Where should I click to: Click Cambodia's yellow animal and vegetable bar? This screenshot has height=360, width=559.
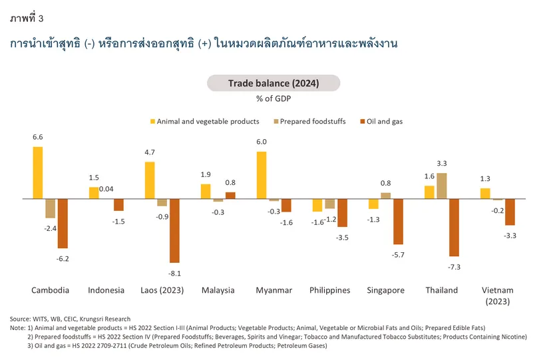coord(38,172)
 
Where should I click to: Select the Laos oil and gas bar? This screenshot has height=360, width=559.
coord(174,230)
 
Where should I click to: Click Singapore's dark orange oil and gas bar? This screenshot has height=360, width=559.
coord(399,222)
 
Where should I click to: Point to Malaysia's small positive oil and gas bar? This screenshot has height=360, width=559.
coord(230,195)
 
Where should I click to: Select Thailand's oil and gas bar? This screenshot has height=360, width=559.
coord(454,227)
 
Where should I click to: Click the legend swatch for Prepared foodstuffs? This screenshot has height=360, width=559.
coord(276,122)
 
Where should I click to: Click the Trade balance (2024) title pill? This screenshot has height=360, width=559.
coord(274,83)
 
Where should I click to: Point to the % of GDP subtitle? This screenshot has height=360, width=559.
coord(274,99)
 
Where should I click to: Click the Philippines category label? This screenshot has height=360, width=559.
coord(329,290)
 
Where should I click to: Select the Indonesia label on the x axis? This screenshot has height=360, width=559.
coord(106,290)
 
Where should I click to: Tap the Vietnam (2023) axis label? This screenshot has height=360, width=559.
coord(497,295)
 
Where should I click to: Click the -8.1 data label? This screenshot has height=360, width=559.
coord(174,273)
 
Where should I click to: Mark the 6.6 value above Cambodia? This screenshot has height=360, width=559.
coord(38,137)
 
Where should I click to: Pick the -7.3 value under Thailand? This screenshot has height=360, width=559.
coord(455,266)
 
